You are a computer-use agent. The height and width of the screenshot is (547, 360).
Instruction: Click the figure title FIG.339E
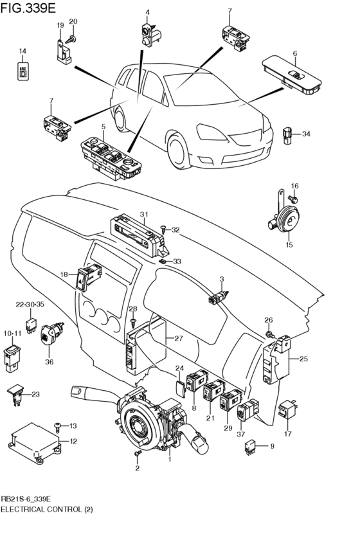(28, 8)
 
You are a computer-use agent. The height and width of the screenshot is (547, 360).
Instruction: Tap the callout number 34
(306, 134)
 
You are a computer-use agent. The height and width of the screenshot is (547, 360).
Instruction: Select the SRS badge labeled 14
(22, 71)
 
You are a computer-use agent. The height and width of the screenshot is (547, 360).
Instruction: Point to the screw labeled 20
(71, 39)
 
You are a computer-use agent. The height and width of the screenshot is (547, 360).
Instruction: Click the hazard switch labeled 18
(88, 277)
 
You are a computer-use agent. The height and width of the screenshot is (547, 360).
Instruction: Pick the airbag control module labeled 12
(35, 442)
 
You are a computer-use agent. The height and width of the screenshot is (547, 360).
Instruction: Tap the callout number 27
(179, 338)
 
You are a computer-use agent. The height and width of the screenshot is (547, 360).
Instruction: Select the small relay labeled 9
(249, 447)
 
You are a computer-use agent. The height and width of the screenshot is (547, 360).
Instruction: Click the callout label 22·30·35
(30, 304)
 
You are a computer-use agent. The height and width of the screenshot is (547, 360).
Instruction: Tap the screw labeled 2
(138, 454)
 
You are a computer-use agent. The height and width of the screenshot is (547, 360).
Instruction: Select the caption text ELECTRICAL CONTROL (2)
(47, 510)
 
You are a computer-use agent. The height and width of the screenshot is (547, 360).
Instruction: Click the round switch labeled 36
(51, 334)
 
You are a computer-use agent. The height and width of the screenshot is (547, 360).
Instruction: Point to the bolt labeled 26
(269, 334)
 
